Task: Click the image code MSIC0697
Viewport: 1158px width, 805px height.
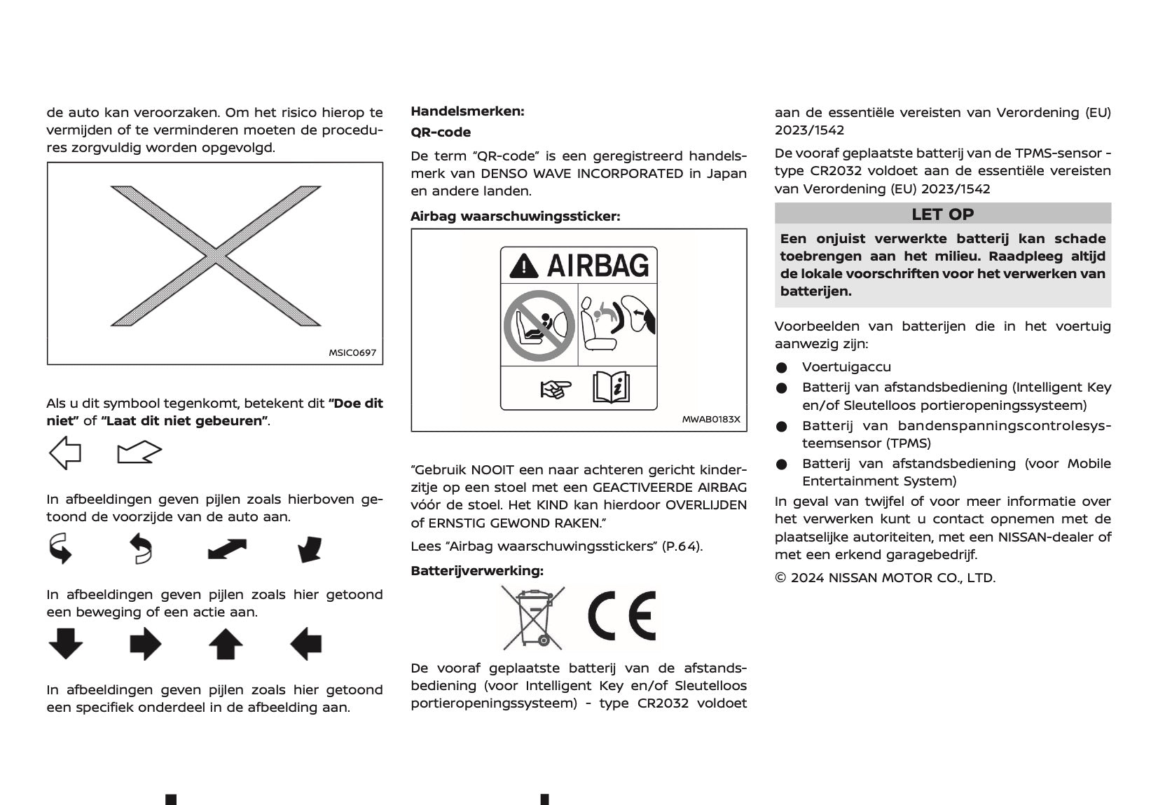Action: (352, 352)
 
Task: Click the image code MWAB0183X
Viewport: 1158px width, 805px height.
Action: (711, 420)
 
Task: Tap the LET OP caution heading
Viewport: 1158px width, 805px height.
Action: (942, 214)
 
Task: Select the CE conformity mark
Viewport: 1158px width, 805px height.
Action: (622, 617)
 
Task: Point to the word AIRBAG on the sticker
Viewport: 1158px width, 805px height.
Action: (598, 266)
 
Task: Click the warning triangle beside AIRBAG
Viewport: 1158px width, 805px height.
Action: (525, 266)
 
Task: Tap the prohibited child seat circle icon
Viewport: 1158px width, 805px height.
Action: (539, 326)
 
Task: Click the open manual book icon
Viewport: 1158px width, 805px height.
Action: (612, 387)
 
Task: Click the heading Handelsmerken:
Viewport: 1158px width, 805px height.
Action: (467, 111)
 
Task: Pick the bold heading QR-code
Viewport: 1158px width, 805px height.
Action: (441, 132)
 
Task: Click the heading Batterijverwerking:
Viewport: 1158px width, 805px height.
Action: (477, 570)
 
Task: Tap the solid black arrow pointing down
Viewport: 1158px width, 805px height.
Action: (66, 644)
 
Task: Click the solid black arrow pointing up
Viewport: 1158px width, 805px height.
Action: (226, 644)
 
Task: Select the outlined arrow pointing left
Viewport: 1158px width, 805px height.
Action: (65, 453)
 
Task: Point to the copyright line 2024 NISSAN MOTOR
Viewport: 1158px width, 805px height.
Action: (885, 577)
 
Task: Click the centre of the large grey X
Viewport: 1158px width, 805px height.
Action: (216, 256)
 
